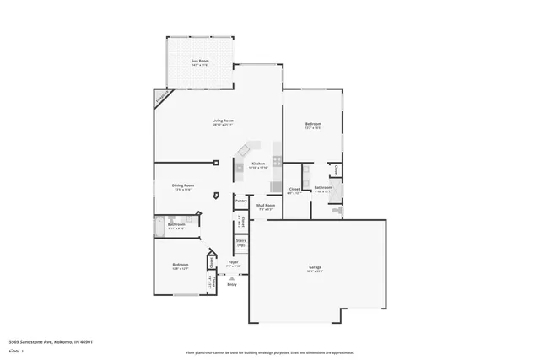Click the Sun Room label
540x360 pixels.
pos(200,62)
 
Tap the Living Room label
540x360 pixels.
pos(223,121)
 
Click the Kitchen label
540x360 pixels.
pos(258,164)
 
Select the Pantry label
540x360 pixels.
pos(240,201)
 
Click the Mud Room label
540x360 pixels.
pos(266,205)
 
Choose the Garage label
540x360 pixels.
pos(314,268)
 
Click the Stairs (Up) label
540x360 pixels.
pos(240,244)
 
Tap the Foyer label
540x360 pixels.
pos(234,263)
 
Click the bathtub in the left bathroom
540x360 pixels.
pos(160,225)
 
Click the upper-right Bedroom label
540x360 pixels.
pos(313,125)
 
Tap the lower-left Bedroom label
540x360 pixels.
pos(180,266)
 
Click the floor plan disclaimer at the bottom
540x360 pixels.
pos(270,352)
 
